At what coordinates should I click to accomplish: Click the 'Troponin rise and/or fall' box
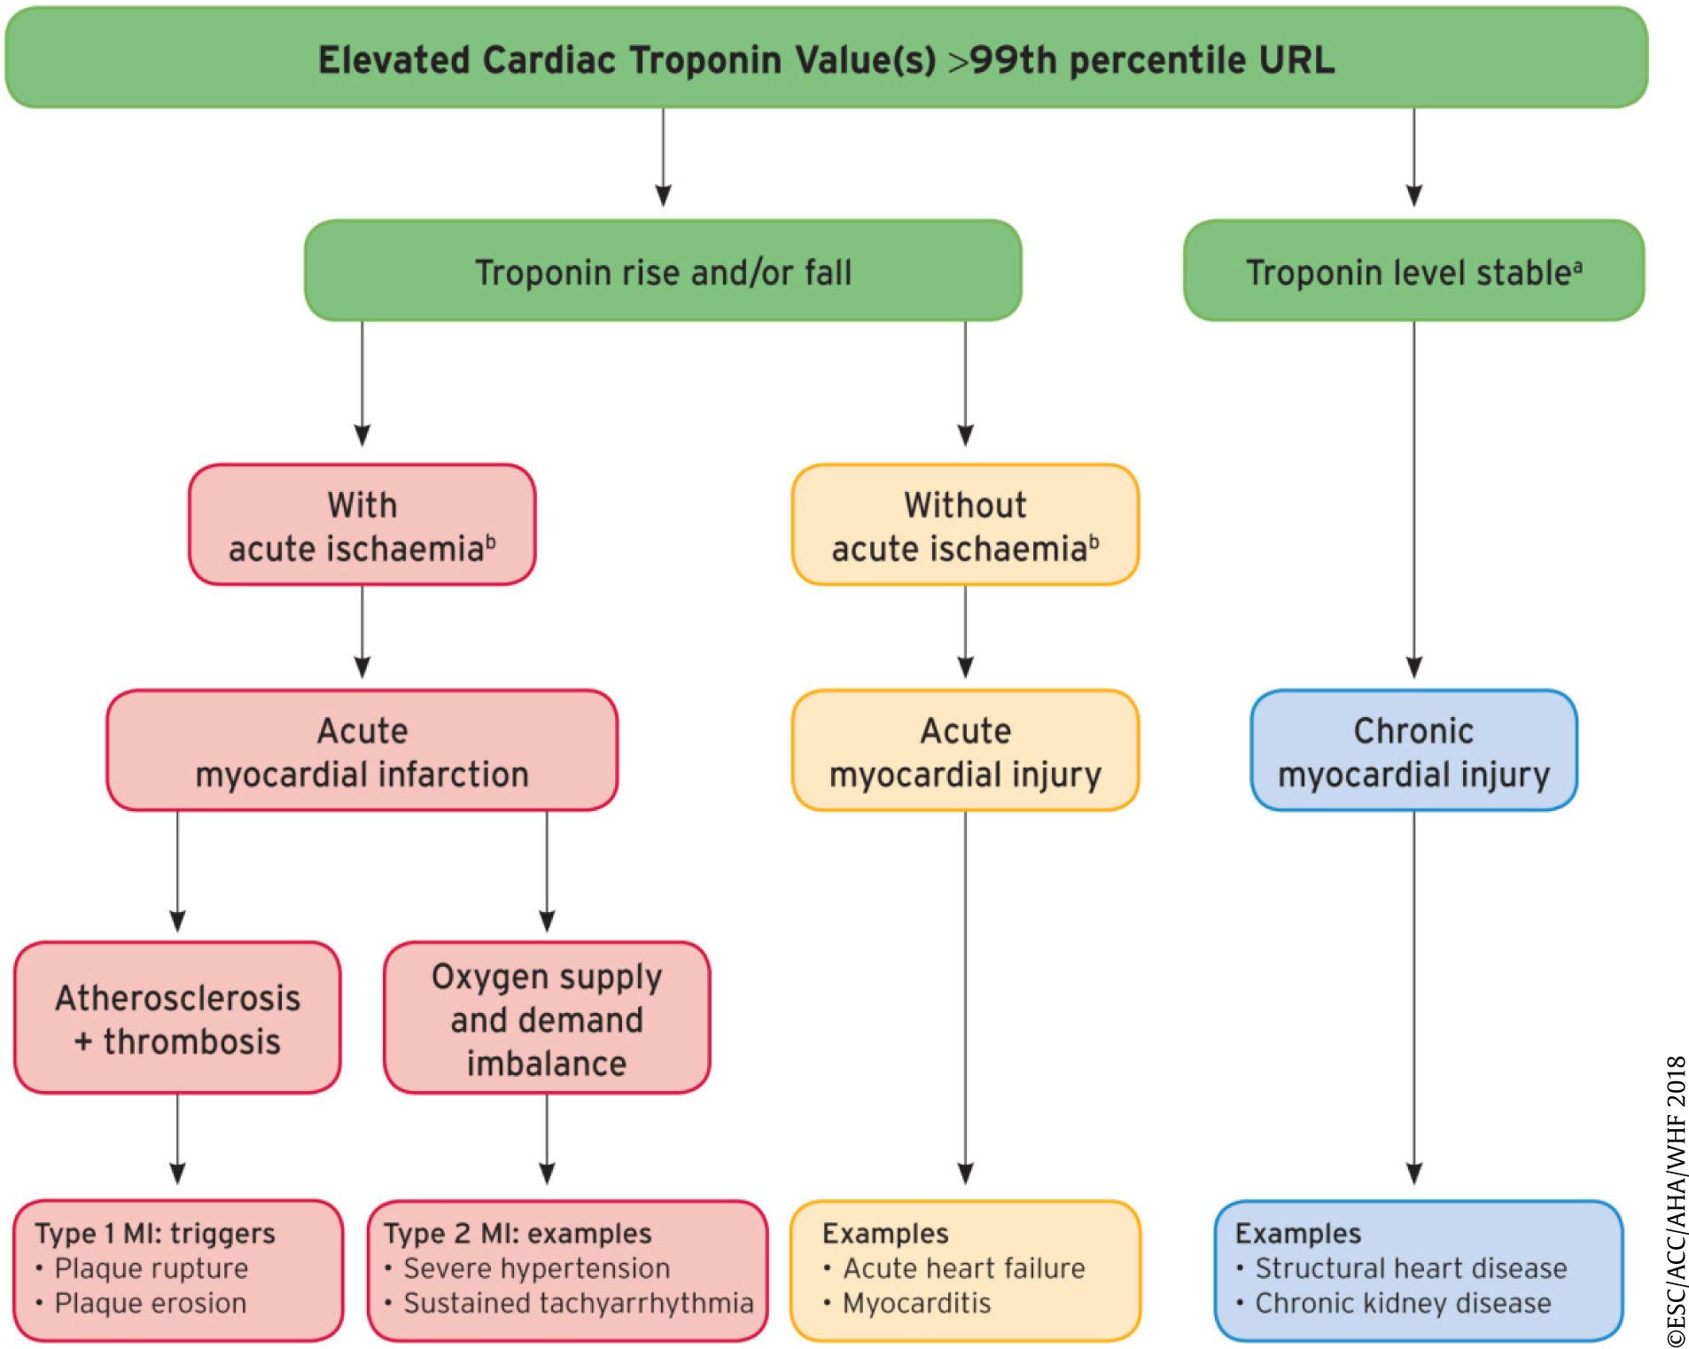663,271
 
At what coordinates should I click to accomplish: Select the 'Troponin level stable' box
1413,271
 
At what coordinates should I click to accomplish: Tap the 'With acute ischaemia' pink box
362,526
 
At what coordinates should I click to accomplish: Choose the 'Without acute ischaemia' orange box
965,526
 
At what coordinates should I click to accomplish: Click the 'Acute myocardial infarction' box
362,752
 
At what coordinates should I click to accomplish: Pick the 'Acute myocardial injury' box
965,752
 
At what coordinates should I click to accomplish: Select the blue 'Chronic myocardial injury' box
1413,752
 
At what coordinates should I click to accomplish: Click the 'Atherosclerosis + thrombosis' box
177,1018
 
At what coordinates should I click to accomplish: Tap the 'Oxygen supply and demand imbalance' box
547,1018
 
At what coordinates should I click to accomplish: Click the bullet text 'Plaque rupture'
151,1268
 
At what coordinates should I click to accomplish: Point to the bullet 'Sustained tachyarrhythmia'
578,1303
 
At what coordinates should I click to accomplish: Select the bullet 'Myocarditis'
916,1303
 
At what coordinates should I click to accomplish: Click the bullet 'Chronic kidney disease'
1403,1303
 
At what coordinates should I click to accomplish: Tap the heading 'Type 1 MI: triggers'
155,1233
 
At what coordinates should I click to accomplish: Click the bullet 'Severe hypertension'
536,1268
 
